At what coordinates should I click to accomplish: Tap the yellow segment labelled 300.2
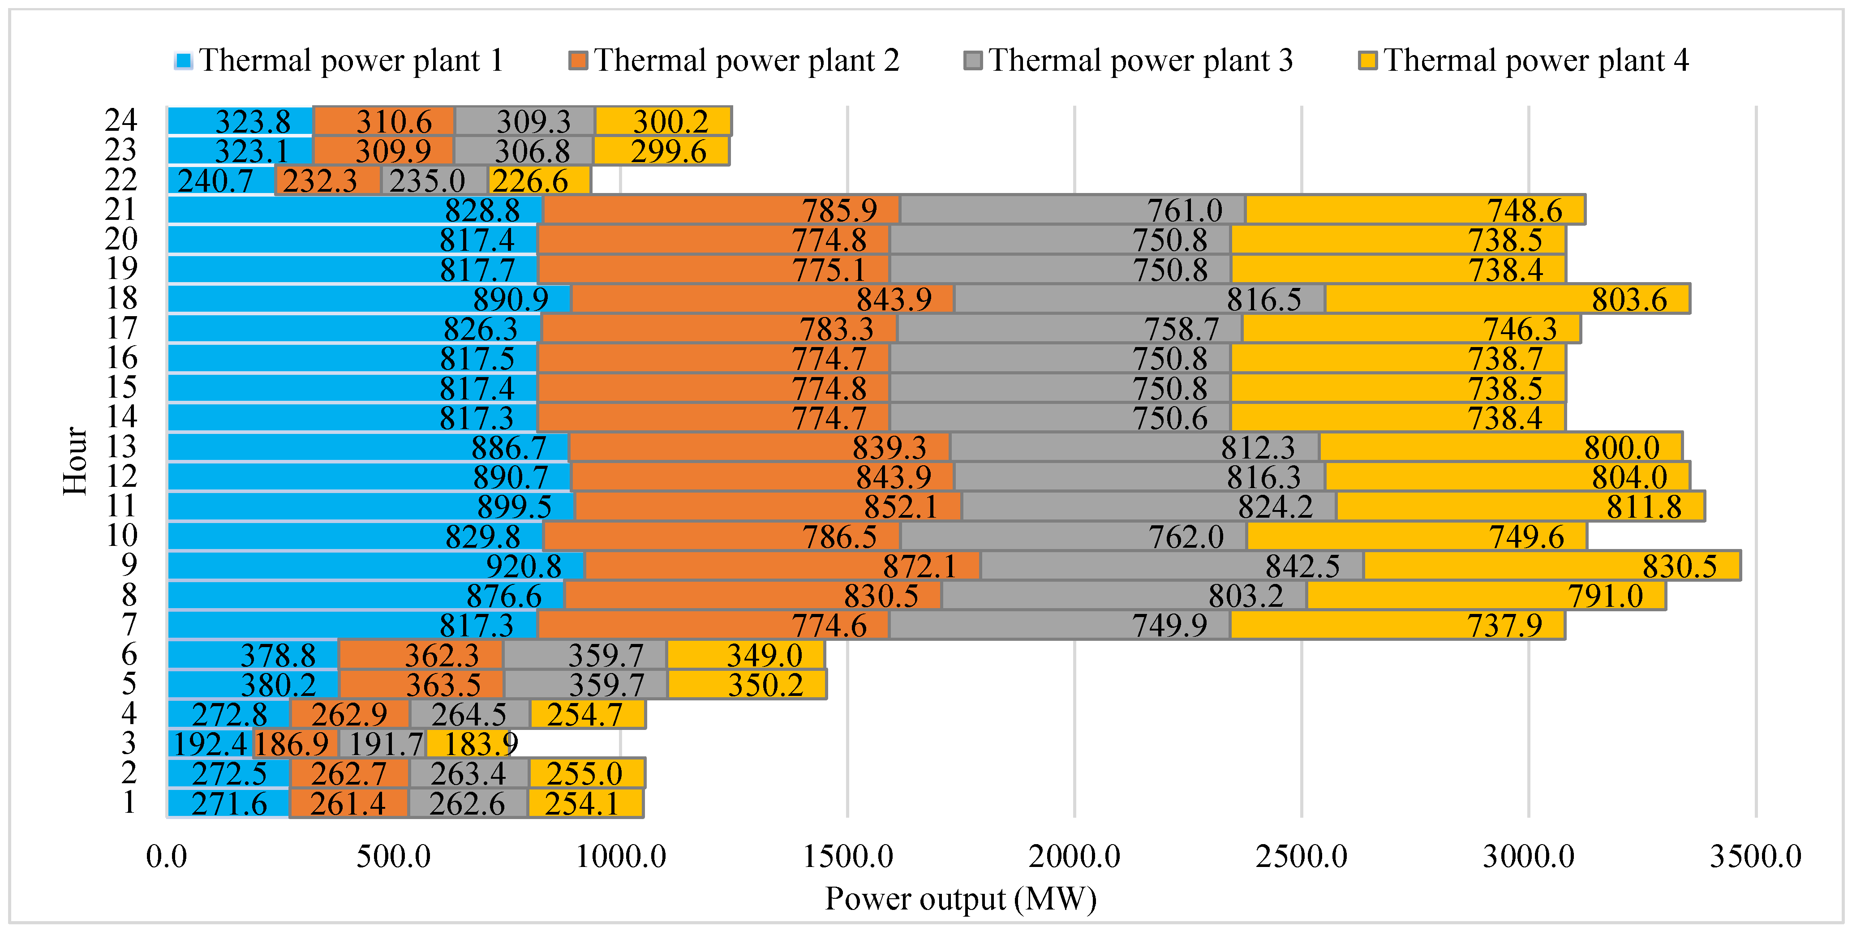click(663, 121)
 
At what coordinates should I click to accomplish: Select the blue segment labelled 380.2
click(253, 684)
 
